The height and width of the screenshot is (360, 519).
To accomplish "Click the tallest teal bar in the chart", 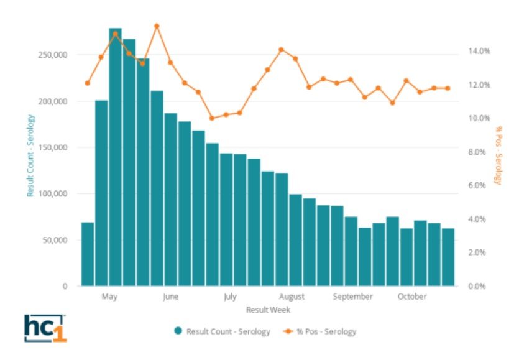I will [115, 155].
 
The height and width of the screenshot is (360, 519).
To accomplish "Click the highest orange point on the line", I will [157, 26].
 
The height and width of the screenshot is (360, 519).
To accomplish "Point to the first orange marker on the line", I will [88, 83].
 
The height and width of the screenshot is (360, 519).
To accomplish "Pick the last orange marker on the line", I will [448, 88].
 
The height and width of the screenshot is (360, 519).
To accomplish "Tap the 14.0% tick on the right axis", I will [479, 51].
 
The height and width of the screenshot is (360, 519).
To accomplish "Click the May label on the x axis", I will [109, 297].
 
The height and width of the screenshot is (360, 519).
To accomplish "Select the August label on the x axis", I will [292, 297].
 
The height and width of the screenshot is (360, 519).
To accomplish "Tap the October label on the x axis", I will [412, 297].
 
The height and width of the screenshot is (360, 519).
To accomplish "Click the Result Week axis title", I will [268, 309].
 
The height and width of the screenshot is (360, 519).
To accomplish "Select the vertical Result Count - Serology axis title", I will [30, 155].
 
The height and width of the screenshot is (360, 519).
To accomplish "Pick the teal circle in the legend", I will [178, 331].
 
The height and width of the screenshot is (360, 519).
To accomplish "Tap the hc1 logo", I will [45, 328].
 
